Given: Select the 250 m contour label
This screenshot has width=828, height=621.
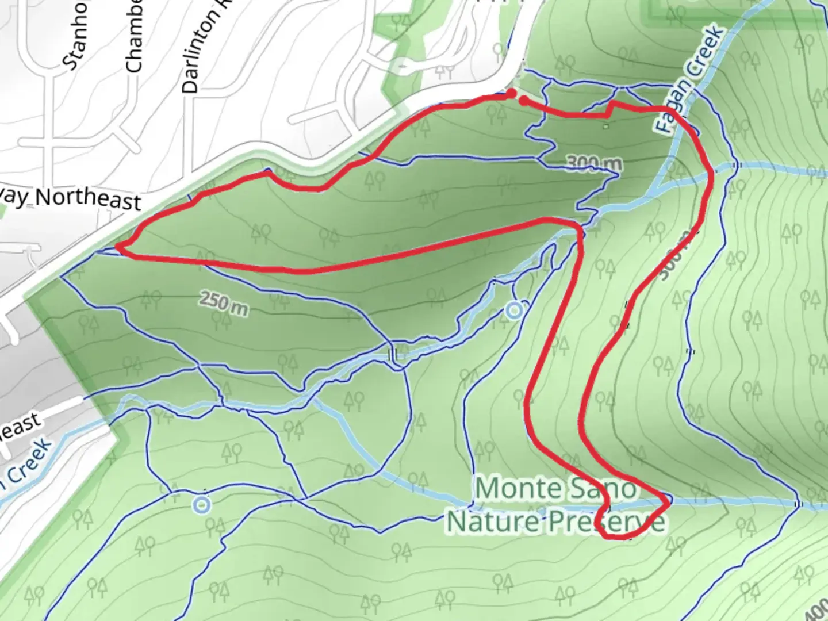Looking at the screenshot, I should pyautogui.click(x=224, y=303).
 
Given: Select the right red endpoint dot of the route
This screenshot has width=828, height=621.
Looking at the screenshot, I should pyautogui.click(x=524, y=101).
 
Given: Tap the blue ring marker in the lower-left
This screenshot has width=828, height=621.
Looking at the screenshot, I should pyautogui.click(x=201, y=505).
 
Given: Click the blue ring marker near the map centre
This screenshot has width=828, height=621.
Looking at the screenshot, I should pyautogui.click(x=515, y=311).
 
